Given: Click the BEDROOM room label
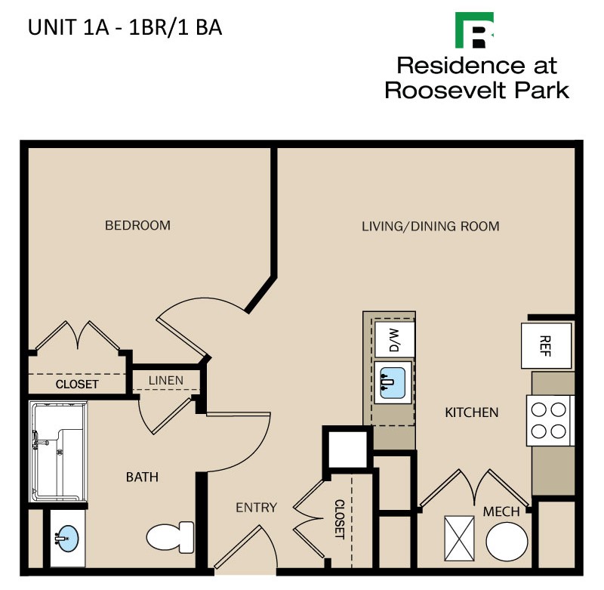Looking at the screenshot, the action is click(137, 225).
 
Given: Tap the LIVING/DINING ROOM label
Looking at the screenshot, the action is click(430, 226).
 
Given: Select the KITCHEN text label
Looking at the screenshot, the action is click(471, 412).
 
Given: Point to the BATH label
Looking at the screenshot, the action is click(141, 477).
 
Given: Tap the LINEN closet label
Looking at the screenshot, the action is click(165, 380).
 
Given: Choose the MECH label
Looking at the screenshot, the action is click(501, 511).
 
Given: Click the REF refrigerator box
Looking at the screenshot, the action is click(545, 345).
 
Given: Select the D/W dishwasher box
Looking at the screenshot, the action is click(393, 339).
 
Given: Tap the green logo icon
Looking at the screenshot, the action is click(475, 30).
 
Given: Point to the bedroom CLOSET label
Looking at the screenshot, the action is click(77, 384).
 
